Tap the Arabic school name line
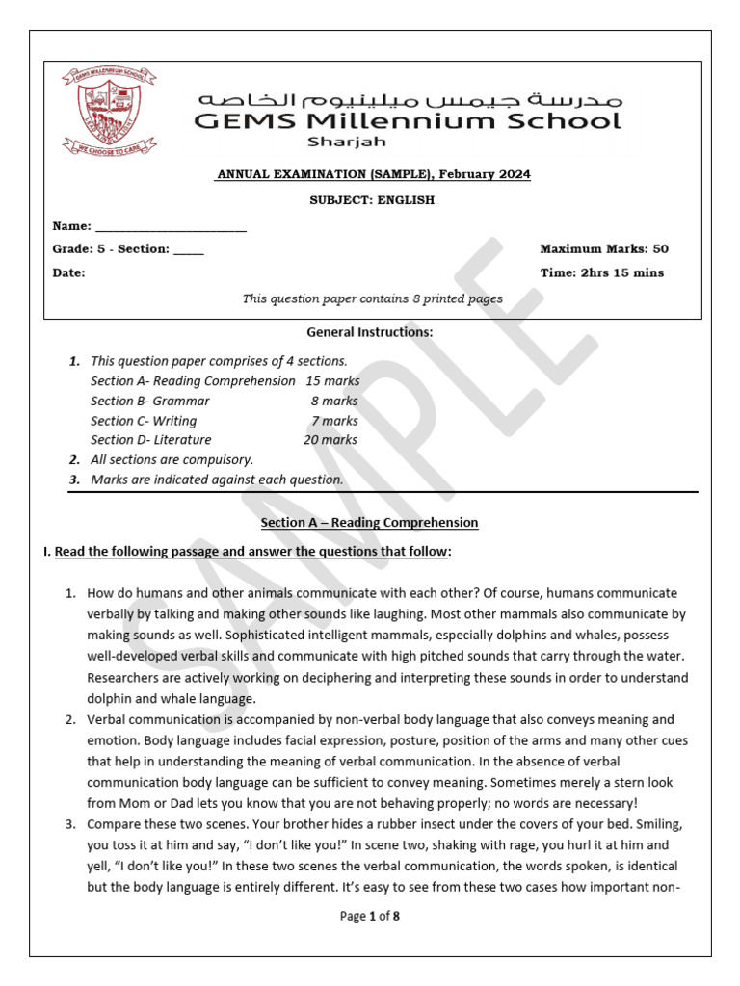pyautogui.click(x=410, y=99)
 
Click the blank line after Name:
pyautogui.click(x=171, y=227)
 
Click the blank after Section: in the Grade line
pyautogui.click(x=189, y=249)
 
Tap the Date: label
pyautogui.click(x=68, y=272)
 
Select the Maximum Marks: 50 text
pyautogui.click(x=604, y=248)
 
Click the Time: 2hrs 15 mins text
pyautogui.click(x=601, y=272)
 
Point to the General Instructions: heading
pyautogui.click(x=370, y=332)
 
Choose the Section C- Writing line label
pyautogui.click(x=144, y=421)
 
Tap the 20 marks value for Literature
pyautogui.click(x=330, y=440)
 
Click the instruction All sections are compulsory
pyautogui.click(x=172, y=460)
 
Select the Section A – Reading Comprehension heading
pyautogui.click(x=369, y=523)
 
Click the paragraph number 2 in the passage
pyautogui.click(x=70, y=719)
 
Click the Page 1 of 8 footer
pyautogui.click(x=370, y=916)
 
